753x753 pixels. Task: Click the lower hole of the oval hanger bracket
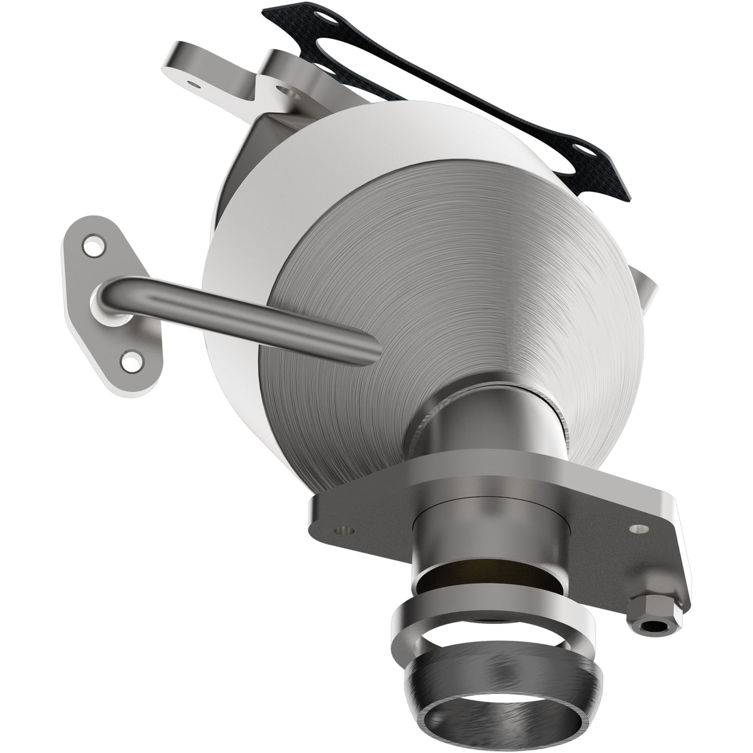pos(130,359)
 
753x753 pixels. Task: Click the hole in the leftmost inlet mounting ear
pos(194,81)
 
